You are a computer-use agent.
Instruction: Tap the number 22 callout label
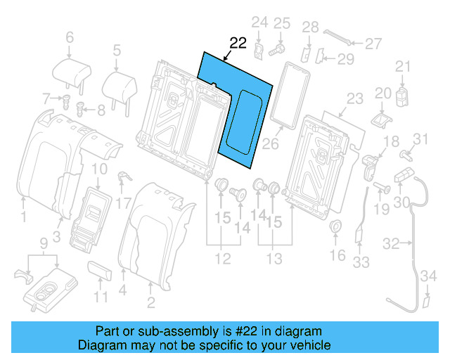point(238,43)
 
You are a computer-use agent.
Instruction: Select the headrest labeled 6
point(70,70)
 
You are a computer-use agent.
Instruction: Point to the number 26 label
point(271,145)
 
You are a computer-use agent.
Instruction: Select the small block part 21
point(403,94)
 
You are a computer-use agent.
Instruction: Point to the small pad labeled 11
point(101,271)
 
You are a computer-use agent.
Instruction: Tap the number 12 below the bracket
point(222,259)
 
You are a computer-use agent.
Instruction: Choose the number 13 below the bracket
point(275,259)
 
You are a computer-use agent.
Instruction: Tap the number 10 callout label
point(99,168)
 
